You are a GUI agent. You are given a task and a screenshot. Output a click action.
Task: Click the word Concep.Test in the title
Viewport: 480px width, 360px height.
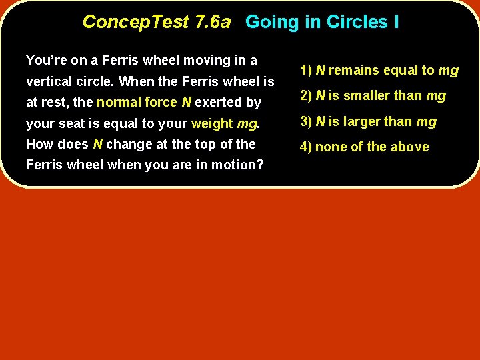(x=136, y=22)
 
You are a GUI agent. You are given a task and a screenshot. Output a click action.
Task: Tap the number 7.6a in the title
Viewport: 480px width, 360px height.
(x=213, y=22)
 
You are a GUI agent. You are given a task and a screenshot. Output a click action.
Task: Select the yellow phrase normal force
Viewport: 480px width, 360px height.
(x=137, y=103)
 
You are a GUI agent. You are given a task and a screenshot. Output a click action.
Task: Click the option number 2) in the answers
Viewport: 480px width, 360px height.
(x=307, y=96)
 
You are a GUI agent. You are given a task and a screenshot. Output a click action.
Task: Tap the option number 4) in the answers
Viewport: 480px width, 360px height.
(x=307, y=147)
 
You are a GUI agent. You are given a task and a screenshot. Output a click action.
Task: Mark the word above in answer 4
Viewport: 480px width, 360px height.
(x=411, y=147)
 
